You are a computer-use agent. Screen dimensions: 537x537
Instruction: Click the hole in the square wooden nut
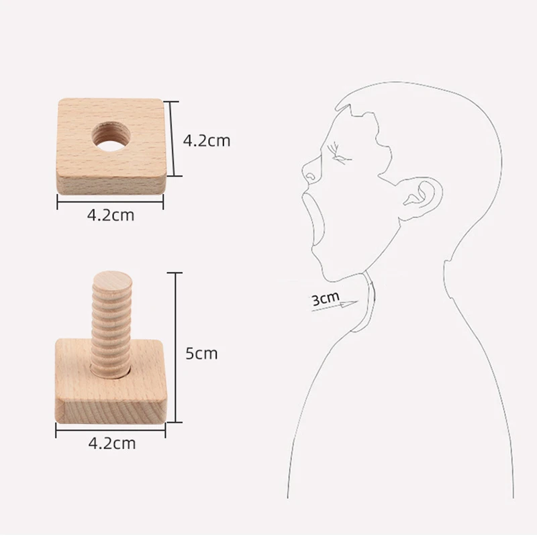(x=111, y=132)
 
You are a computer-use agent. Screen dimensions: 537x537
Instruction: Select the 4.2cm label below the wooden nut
(x=111, y=215)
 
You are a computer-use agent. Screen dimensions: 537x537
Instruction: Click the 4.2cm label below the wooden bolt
(x=112, y=443)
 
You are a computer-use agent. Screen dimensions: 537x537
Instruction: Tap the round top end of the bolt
(x=109, y=277)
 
